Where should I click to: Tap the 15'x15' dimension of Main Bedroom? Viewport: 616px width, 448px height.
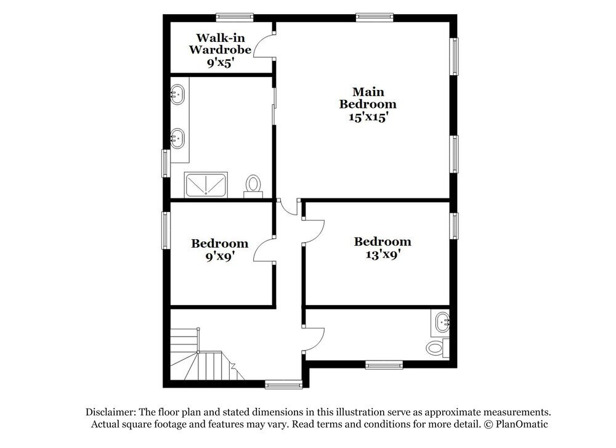coord(368,116)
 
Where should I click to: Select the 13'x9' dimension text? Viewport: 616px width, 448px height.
coord(383,253)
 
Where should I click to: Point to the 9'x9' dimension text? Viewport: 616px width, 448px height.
coord(219,255)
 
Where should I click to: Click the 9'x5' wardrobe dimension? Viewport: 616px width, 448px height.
coord(219,62)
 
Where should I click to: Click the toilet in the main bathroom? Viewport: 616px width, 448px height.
coord(253,184)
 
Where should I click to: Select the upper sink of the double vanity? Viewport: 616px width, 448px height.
coord(178,96)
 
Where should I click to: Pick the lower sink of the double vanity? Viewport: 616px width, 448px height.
coord(178,138)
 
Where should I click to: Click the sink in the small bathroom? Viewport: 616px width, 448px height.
coord(442,322)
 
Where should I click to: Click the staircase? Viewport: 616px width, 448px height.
coord(200,357)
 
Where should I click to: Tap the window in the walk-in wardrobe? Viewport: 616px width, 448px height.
coord(235,17)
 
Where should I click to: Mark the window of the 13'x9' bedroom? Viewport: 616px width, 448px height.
coord(455,225)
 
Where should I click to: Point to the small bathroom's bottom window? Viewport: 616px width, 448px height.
coord(384,365)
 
